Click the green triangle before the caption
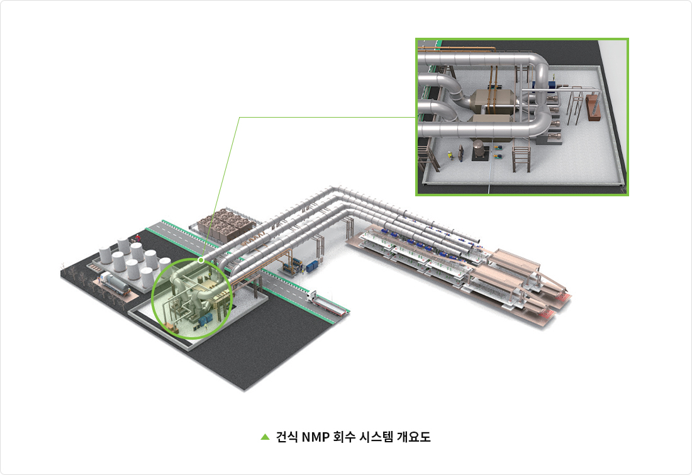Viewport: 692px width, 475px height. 265,437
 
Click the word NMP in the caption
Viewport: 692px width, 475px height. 316,437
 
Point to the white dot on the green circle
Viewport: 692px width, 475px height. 201,260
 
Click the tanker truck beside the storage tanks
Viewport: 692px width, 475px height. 114,283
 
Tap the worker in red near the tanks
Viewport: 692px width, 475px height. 138,238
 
